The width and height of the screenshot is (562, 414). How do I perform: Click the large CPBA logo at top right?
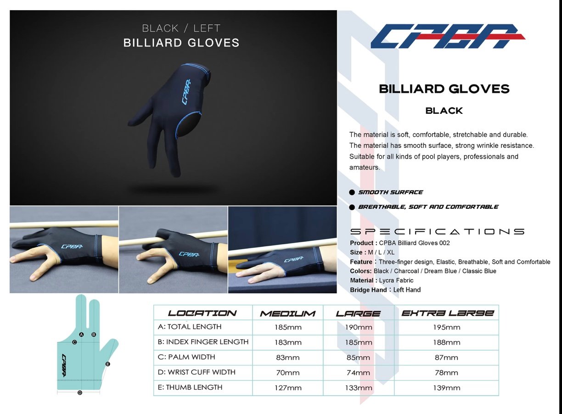point(448,36)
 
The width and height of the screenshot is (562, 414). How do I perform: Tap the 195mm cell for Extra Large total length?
point(447,327)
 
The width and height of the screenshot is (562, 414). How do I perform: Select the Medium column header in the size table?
point(287,313)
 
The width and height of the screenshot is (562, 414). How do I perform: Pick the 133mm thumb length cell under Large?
point(358,388)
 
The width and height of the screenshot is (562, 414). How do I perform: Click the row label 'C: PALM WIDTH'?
point(186,357)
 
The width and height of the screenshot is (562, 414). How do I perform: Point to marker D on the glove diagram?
point(80,393)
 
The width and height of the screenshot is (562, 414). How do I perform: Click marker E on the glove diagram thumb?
point(107,364)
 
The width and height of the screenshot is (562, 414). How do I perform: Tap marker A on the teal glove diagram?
point(81,335)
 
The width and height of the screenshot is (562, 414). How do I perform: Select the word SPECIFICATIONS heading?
point(437,231)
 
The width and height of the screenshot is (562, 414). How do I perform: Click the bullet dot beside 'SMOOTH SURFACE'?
point(352,192)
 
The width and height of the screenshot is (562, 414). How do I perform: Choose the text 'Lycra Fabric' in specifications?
point(396,280)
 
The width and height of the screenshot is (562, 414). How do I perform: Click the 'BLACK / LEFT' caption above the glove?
point(181,28)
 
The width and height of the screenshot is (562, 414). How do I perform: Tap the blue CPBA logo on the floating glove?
point(186,92)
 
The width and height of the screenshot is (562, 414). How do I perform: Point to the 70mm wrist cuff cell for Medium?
point(288,373)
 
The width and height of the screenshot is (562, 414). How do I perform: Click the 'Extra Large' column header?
point(448,313)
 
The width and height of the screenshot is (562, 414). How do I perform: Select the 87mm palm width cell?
point(446,358)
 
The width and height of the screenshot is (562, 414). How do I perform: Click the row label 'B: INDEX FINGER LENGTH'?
point(203,342)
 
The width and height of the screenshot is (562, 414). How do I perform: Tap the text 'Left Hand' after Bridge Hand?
point(407,290)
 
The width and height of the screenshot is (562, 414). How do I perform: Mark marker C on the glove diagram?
point(74,342)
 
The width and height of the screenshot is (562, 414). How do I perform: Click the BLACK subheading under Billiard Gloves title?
point(444,111)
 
